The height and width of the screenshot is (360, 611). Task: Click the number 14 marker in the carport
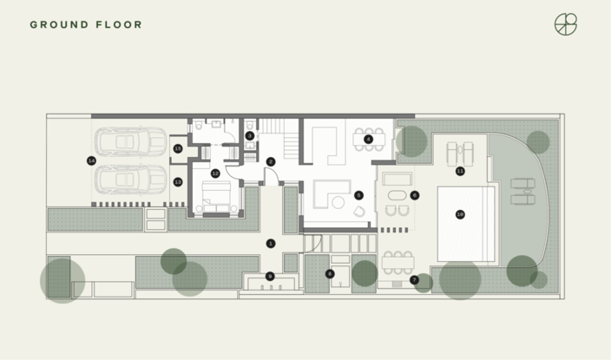(x=91, y=160)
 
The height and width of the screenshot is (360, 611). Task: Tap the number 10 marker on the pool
(x=460, y=214)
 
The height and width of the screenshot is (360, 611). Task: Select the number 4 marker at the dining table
(x=368, y=139)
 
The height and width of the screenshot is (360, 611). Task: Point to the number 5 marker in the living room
(x=358, y=195)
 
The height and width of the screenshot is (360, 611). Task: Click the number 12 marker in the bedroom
(x=215, y=173)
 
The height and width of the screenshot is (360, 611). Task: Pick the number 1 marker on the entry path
(x=270, y=243)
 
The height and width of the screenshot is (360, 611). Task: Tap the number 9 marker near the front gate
(x=270, y=276)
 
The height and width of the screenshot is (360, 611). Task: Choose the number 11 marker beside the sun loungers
(x=460, y=171)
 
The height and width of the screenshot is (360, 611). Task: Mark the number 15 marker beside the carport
(x=178, y=149)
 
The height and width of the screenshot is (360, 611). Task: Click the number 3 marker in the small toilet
(x=249, y=135)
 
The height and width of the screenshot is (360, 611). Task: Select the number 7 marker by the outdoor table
(x=414, y=279)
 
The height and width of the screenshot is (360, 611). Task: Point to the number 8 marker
(x=329, y=273)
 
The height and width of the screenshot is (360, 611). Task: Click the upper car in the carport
(x=130, y=141)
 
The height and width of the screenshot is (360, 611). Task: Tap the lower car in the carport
(x=130, y=180)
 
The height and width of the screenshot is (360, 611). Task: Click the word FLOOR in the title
(x=118, y=24)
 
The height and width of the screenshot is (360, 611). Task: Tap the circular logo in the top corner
(x=566, y=24)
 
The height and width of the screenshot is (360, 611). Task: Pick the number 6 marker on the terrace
(x=414, y=195)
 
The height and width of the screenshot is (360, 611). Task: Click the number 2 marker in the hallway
(x=270, y=161)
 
